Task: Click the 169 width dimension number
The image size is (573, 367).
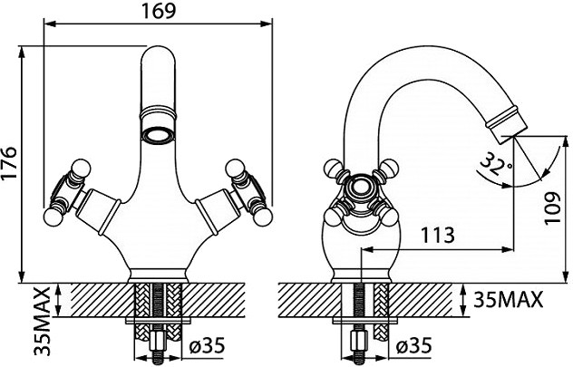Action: pos(159,11)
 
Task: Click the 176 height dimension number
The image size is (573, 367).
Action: pos(9,163)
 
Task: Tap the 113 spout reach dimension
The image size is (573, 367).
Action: pos(438,236)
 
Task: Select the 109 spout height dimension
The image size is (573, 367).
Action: pos(552,208)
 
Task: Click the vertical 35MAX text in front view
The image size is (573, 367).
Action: pos(42,321)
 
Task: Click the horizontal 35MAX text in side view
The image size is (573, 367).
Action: pos(509,300)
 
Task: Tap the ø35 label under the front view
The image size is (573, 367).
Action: pos(208,345)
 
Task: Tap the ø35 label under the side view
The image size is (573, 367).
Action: pos(414,345)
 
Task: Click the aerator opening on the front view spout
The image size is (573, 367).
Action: pos(159,136)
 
